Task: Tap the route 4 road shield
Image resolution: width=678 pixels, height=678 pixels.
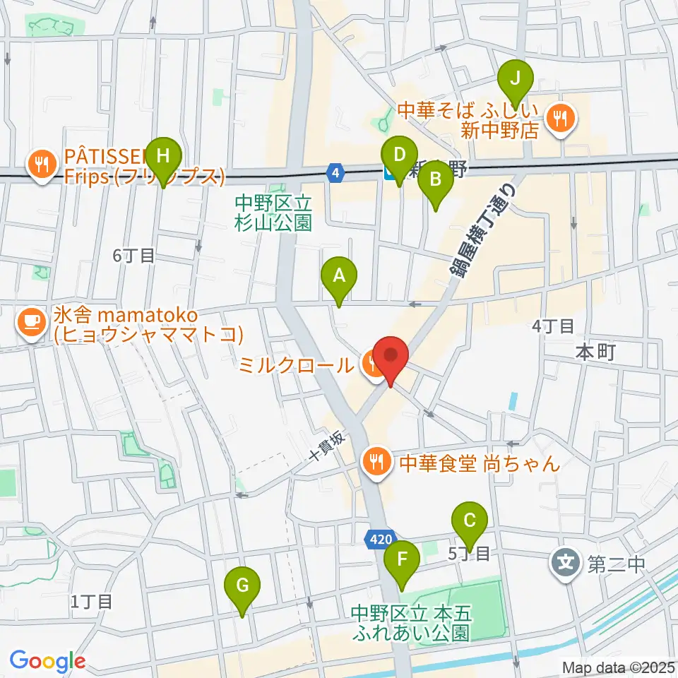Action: (336, 172)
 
